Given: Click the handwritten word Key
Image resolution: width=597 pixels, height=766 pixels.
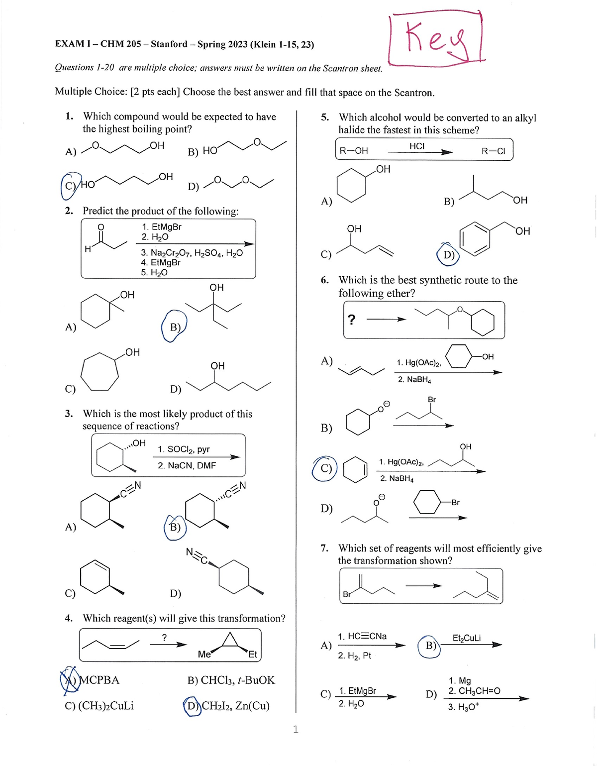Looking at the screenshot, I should pos(436,39).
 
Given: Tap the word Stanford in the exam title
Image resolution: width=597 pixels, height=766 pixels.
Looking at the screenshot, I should pos(169,44).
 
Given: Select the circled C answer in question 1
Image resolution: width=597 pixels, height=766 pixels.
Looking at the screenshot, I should pos(70,185).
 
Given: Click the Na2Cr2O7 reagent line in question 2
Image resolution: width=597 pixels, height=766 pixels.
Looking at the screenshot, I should pos(192,253).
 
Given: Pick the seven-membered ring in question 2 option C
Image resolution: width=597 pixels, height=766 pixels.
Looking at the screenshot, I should pos(99,372).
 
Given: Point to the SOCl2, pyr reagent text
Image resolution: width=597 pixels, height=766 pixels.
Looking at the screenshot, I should pos(184,449).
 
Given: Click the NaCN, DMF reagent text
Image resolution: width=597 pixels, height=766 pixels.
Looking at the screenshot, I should pos(187,465).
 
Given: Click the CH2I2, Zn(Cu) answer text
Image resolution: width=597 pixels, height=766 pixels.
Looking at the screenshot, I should pos(235,706).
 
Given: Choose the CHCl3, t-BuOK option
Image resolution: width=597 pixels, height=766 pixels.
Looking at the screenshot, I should pos(231,680).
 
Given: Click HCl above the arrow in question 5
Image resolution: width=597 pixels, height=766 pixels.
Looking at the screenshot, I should pos(417,146).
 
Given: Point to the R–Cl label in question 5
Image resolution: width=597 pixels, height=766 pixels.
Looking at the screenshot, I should pos(493,151).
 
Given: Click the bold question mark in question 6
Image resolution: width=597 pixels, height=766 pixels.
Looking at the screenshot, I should pos(351,320).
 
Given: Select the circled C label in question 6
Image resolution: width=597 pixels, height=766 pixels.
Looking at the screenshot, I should pos(325,468).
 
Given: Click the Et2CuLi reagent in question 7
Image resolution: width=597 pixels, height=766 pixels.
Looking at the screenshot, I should pos(466,638).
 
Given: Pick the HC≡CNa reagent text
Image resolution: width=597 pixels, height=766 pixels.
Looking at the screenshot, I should pos(362,636).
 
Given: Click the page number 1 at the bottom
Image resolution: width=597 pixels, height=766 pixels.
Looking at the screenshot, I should pos(296,729).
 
